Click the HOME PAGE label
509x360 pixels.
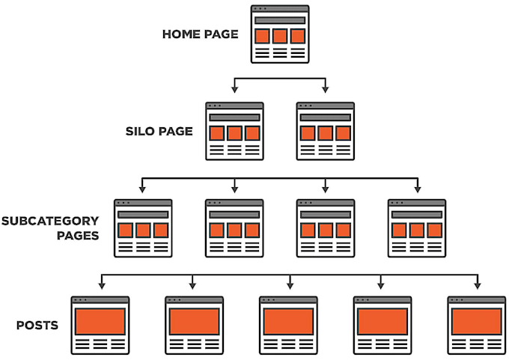click(200, 34)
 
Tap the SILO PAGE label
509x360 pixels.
click(159, 132)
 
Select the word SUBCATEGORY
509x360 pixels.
click(50, 221)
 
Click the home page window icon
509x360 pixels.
click(279, 34)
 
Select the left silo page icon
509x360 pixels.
click(234, 131)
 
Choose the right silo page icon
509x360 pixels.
click(325, 131)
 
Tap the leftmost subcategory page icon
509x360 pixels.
click(143, 228)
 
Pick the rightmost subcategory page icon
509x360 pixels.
click(416, 228)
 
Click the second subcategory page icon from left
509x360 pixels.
click(234, 228)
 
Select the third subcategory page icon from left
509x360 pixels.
click(325, 228)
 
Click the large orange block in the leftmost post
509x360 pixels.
click(100, 320)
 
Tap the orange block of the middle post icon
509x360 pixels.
click(288, 320)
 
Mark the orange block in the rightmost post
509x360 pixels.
click(476, 320)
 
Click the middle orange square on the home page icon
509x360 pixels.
click(279, 36)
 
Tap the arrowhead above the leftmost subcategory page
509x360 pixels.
click(142, 187)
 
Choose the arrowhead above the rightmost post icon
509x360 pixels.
click(477, 284)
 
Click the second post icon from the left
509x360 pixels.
click(194, 325)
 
